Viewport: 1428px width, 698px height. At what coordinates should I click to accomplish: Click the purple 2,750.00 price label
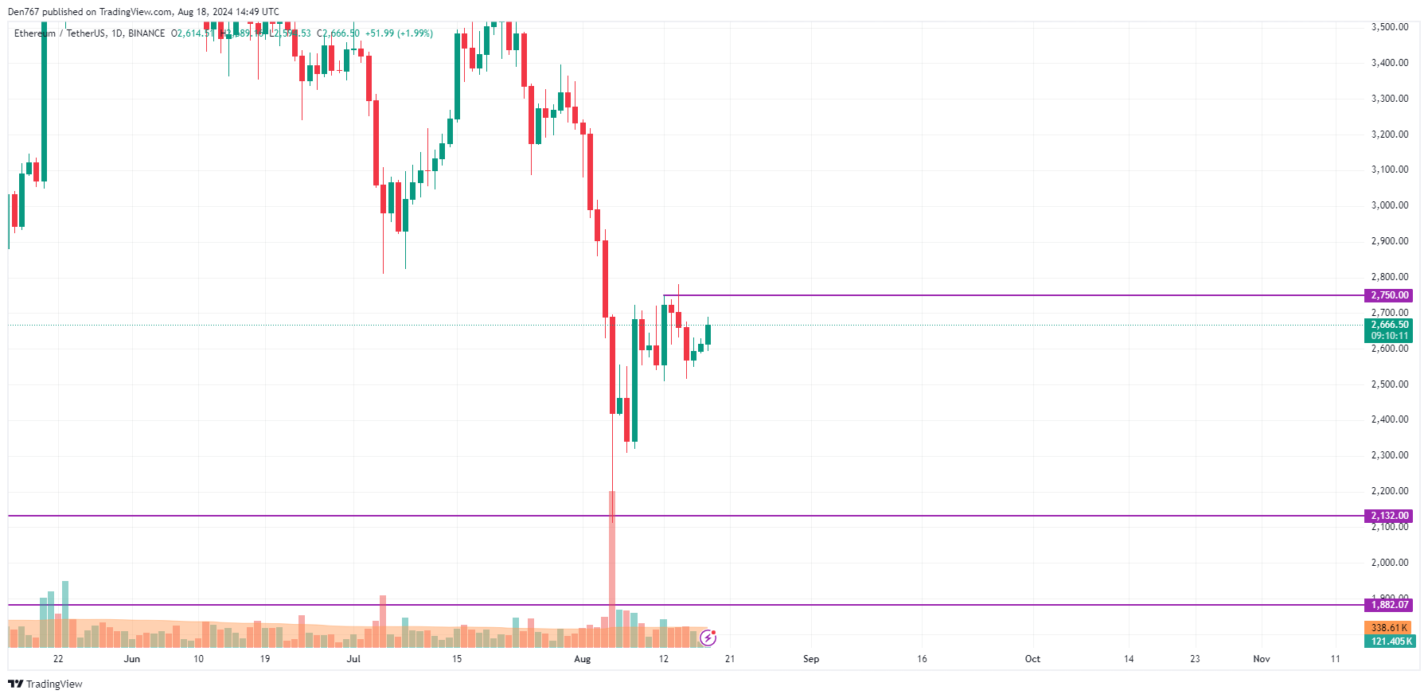tap(1389, 295)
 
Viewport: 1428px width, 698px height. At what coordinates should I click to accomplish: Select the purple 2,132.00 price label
tap(1389, 516)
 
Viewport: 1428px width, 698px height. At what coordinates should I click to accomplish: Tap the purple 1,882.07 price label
tap(1389, 605)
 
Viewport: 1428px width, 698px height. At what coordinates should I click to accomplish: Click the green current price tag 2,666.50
tap(1389, 325)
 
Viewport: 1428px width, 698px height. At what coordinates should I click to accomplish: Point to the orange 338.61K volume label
tap(1389, 628)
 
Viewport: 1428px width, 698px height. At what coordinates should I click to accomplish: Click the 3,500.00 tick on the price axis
tap(1389, 27)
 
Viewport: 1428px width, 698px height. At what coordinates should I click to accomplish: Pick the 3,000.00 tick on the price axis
tap(1389, 205)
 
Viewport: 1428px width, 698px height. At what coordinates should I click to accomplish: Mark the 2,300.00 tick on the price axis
tap(1389, 455)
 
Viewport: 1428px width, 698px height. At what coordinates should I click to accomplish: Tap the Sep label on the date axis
tap(811, 659)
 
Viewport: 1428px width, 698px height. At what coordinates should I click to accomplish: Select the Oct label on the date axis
tap(1032, 659)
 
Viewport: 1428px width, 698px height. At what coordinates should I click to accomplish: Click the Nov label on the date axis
tap(1262, 659)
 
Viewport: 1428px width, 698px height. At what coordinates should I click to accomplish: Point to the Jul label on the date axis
tap(353, 659)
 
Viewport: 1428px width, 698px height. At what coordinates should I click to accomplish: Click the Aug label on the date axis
tap(583, 659)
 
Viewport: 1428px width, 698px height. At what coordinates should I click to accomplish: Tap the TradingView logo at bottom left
tap(45, 684)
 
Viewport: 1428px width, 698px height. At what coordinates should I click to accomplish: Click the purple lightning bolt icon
tap(708, 638)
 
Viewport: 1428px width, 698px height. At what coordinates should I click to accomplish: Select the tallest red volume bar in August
tap(612, 557)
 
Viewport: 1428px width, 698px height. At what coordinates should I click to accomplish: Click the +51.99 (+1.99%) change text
tap(399, 33)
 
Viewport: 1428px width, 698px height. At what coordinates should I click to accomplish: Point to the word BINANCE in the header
tap(146, 33)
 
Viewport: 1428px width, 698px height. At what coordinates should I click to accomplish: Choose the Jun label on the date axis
tap(132, 659)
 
